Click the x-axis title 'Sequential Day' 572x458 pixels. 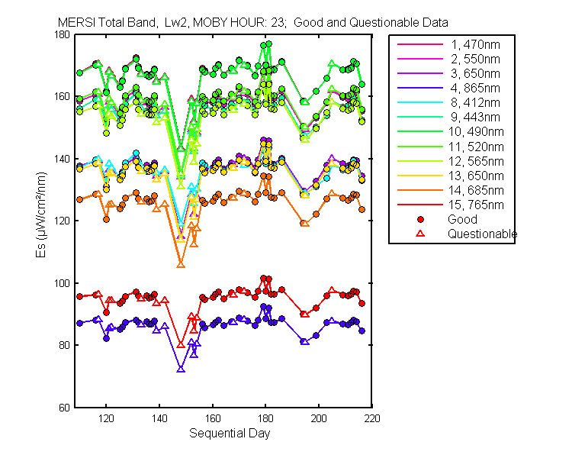[229, 434]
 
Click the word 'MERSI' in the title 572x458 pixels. [74, 22]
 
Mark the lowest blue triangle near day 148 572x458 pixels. [181, 369]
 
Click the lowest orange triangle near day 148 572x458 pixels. [181, 264]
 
